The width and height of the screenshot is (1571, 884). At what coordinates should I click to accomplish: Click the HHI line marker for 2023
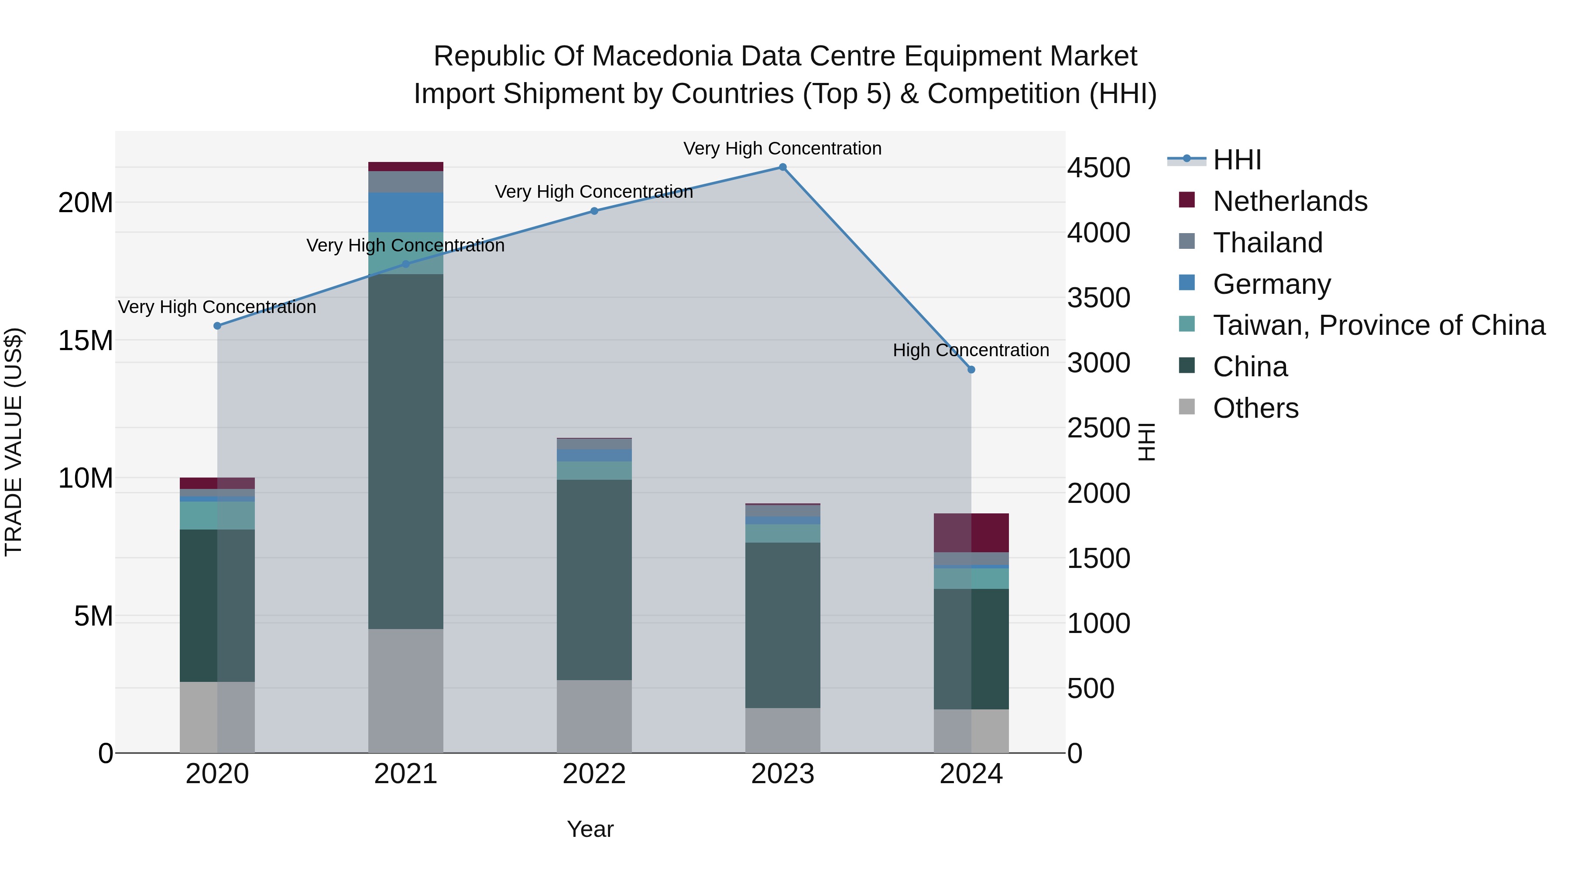[x=782, y=167]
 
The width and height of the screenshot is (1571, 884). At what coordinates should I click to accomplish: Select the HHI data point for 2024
[x=971, y=370]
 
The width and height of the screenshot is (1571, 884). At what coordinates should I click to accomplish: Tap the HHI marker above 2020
[x=217, y=326]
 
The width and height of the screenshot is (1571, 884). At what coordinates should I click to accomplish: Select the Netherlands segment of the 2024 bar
[x=971, y=533]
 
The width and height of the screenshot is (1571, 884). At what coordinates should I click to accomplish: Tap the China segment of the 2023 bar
[x=782, y=625]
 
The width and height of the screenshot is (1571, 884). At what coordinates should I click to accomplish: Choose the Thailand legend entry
[x=1267, y=243]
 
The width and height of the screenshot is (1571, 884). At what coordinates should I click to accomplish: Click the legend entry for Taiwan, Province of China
[x=1378, y=325]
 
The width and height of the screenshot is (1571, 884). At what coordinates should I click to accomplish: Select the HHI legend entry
[x=1236, y=160]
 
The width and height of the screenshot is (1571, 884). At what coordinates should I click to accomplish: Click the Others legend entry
[x=1255, y=408]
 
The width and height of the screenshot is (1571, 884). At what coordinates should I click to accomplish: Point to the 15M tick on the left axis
[x=86, y=341]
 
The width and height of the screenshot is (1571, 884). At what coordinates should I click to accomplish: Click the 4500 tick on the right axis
[x=1098, y=168]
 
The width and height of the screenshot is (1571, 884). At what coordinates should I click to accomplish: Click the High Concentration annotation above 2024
[x=971, y=350]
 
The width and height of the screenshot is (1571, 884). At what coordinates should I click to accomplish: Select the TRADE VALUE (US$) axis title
[x=14, y=442]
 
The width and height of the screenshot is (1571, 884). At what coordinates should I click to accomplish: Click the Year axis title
[x=590, y=829]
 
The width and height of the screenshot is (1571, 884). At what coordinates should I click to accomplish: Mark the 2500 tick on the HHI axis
[x=1098, y=428]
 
